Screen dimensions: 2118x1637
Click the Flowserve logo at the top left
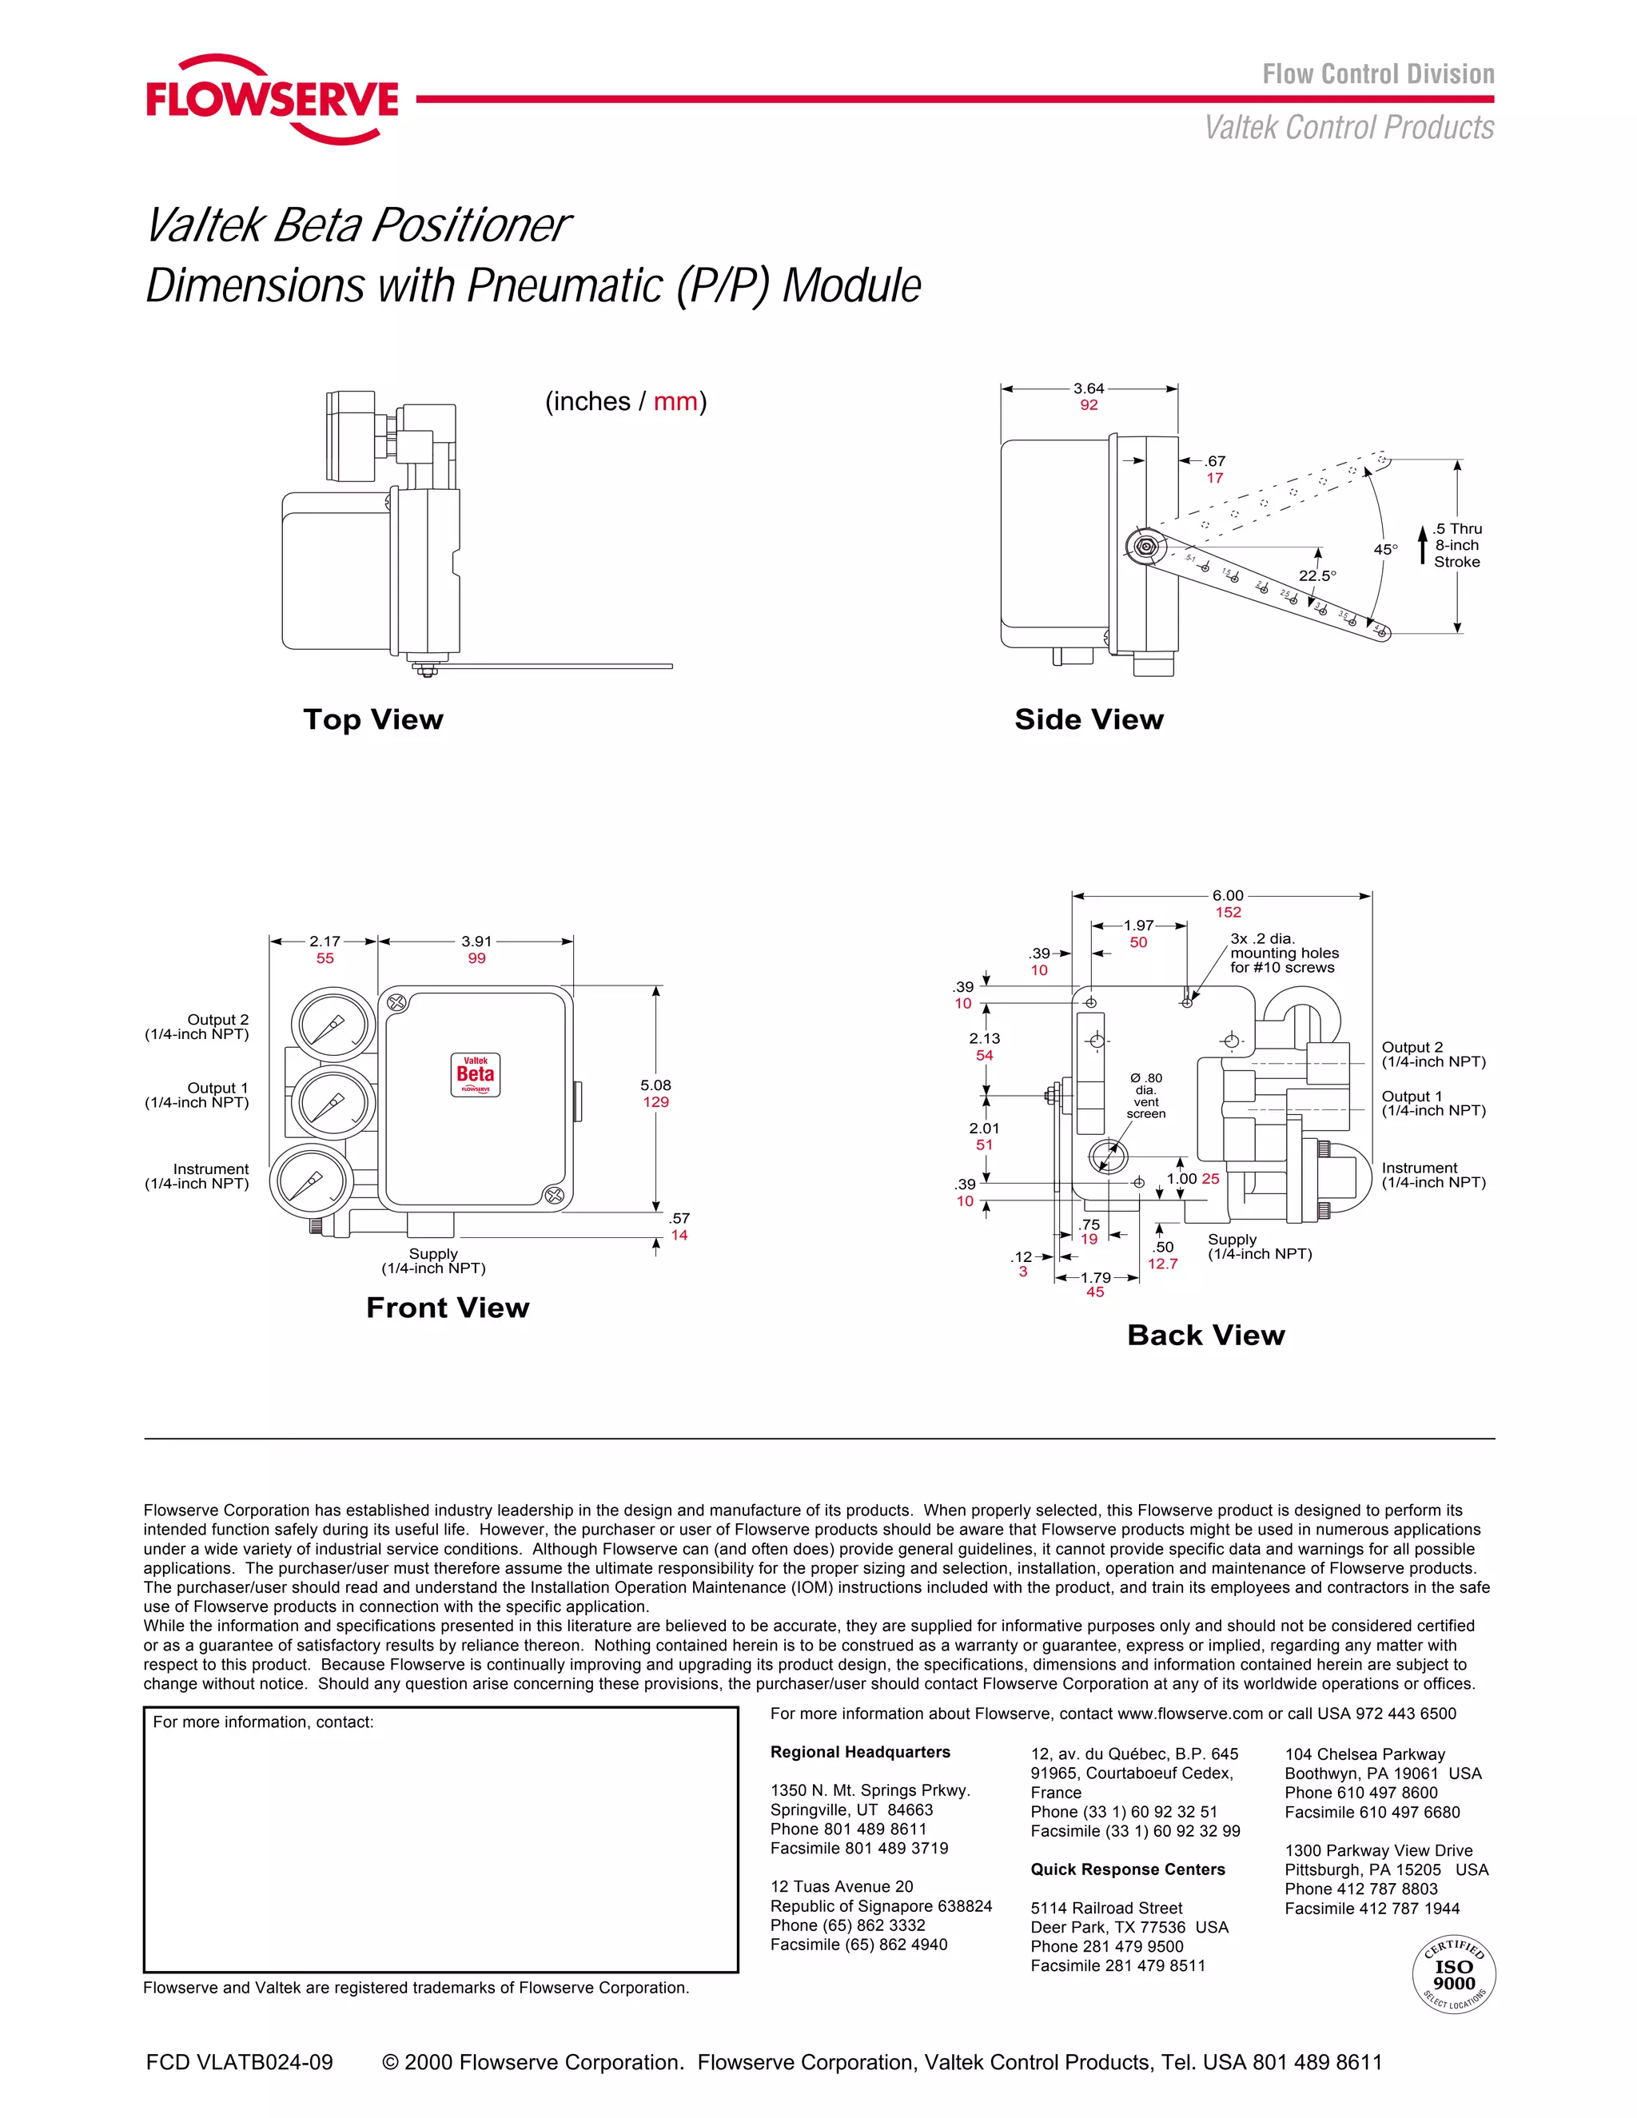tap(273, 100)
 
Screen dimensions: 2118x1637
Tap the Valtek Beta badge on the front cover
tap(476, 1074)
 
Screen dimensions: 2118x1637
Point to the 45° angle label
tap(1385, 550)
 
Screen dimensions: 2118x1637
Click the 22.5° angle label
tap(1317, 576)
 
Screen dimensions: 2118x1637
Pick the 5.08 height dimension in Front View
tap(655, 1085)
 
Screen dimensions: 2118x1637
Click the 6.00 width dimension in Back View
tap(1228, 896)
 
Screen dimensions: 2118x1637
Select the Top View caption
tap(373, 719)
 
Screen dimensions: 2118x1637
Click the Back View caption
tap(1205, 1336)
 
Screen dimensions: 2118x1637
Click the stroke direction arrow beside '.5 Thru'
tap(1422, 545)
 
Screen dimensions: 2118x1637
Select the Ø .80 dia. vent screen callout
tap(1145, 1095)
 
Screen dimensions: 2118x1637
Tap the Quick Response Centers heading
tap(1127, 1869)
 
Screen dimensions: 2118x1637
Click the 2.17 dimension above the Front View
tap(325, 942)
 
